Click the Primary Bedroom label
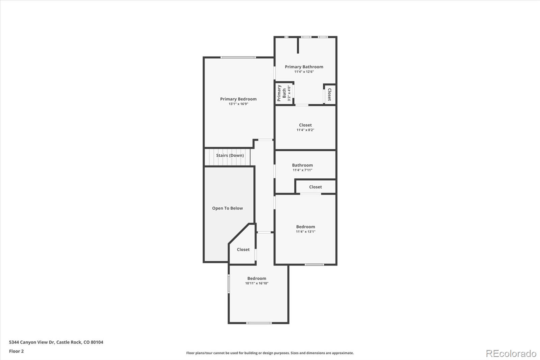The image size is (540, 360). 238,99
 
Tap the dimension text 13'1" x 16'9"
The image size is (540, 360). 238,104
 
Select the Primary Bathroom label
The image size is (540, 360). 304,67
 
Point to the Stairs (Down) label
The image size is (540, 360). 230,155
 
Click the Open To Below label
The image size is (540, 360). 227,208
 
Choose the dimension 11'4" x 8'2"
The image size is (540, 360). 305,130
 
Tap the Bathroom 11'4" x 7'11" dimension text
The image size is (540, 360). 302,170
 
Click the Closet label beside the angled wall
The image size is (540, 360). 243,250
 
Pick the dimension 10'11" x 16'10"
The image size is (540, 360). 256,283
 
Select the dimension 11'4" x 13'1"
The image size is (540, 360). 305,232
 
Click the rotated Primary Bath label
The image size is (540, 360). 281,93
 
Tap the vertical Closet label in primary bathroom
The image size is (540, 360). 329,94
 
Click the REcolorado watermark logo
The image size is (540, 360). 511,354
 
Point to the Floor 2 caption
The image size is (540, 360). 16,351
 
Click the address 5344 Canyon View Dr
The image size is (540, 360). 56,342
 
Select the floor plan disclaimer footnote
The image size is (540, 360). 270,353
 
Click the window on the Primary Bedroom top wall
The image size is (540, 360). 238,57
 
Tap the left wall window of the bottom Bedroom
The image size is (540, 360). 229,284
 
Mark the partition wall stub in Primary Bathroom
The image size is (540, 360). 298,45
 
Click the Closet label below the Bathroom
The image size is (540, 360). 315,187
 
